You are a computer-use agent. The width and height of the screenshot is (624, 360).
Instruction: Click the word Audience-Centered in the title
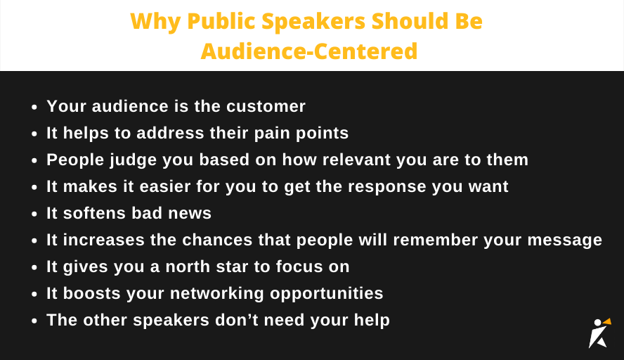(x=309, y=51)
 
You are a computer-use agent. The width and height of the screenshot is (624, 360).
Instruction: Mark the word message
(x=561, y=240)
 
